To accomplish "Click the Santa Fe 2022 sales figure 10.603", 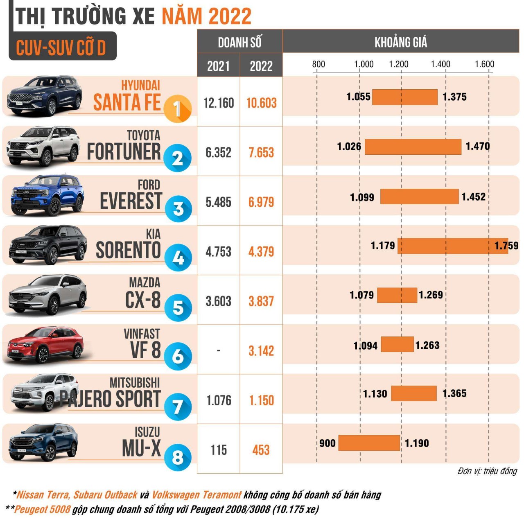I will point(261,103).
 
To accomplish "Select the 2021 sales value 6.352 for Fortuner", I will point(219,153).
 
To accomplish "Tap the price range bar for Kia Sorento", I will point(452,246).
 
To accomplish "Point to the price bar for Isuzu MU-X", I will point(369,443).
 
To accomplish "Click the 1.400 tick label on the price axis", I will point(440,64).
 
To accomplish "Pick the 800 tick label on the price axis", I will point(318,64).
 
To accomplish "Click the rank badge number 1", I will point(177,109).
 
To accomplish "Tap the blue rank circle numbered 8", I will point(178,457).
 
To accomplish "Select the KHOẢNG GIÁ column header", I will point(400,42).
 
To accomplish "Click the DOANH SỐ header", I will point(239,42).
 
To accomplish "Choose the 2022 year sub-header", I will point(261,66).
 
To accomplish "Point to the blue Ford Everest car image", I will point(47,196).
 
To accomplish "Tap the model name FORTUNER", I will point(124,152).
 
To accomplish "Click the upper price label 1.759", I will point(506,246).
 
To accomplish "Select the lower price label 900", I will point(327,443).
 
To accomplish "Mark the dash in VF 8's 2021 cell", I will point(219,351).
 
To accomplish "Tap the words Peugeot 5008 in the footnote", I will point(43,510).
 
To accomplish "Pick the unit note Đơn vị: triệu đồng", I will point(487,471).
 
